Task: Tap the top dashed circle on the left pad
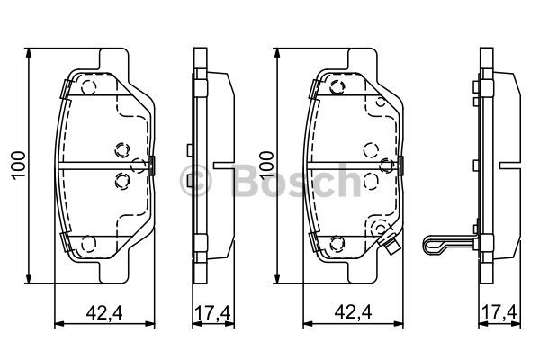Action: pyautogui.click(x=88, y=87)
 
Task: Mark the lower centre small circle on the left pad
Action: pyautogui.click(x=121, y=180)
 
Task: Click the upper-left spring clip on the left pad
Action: pyautogui.click(x=63, y=88)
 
